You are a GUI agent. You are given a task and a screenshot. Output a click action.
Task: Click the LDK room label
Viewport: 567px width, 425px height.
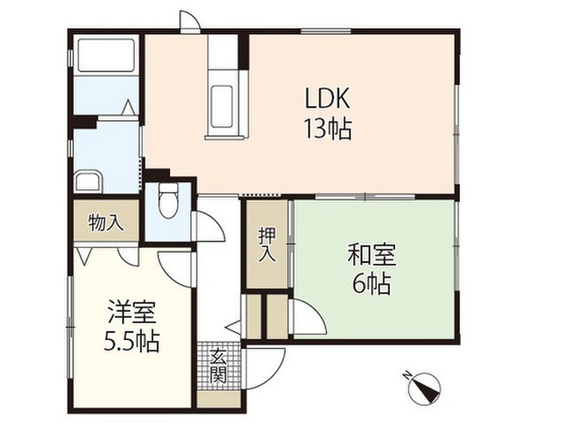point(326,97)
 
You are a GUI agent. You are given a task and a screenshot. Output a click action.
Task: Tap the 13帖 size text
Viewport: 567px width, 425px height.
point(329,129)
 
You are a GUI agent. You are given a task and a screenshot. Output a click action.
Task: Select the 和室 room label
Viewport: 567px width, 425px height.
point(371,256)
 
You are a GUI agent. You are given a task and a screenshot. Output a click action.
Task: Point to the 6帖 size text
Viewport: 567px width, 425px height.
point(372,285)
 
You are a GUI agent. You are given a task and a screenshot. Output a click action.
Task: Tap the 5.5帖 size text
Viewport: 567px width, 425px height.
point(132,342)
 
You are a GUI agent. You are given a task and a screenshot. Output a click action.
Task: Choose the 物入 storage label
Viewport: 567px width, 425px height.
point(106,222)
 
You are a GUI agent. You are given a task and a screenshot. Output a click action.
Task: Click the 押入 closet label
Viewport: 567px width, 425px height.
point(266,244)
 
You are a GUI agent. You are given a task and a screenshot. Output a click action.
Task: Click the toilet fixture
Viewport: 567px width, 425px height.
point(168,201)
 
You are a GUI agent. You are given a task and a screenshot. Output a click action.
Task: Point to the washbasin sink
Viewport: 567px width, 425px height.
point(89,182)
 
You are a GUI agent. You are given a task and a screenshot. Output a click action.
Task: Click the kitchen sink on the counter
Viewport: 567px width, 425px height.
point(222,105)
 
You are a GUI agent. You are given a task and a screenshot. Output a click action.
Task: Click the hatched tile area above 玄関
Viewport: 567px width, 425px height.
point(214,348)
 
